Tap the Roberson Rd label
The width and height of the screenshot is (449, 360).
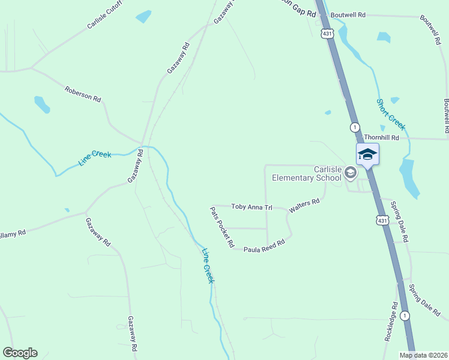(83, 94)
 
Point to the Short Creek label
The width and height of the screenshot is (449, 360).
(391, 114)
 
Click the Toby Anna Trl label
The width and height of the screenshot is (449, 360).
(252, 207)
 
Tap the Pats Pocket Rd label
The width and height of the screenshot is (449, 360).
(221, 227)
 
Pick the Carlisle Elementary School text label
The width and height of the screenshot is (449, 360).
(307, 173)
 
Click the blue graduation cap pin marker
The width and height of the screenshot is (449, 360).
(367, 155)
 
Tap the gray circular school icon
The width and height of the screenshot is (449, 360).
(351, 173)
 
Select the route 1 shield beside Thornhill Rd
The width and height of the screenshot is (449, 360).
(355, 127)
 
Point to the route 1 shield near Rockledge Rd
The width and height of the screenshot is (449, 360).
(406, 316)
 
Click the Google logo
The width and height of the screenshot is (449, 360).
(20, 353)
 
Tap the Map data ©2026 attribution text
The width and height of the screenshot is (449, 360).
(424, 355)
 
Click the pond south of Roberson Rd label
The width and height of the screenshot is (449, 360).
(42, 104)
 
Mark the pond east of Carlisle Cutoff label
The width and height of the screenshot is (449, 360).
(143, 16)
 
